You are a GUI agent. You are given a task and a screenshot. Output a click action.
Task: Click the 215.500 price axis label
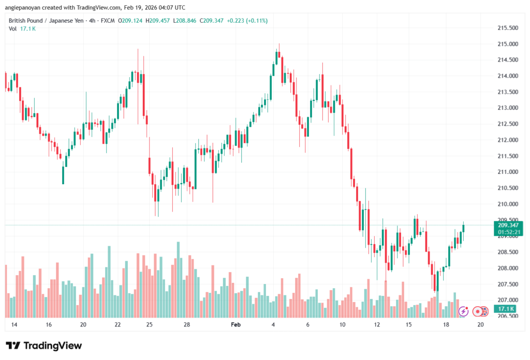(508, 28)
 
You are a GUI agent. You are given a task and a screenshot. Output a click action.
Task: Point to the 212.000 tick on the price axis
(508, 140)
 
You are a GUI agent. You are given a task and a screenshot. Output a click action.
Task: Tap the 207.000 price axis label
(508, 300)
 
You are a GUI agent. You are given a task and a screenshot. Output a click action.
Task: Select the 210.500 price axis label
(508, 188)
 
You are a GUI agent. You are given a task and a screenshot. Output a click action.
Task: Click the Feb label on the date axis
(235, 324)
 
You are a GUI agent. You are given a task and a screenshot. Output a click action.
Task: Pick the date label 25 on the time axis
(149, 324)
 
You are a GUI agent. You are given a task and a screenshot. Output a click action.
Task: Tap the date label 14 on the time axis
(14, 324)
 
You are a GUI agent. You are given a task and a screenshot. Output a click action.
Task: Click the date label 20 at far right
(480, 324)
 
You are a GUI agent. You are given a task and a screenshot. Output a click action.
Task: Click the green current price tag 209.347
(508, 225)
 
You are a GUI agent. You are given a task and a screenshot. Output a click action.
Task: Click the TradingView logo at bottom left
(44, 346)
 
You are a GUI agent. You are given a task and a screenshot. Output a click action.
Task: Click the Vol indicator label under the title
(12, 28)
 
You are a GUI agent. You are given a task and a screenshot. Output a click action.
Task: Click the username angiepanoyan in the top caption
(26, 7)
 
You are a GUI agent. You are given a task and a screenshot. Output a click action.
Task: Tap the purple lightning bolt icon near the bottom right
(464, 311)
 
